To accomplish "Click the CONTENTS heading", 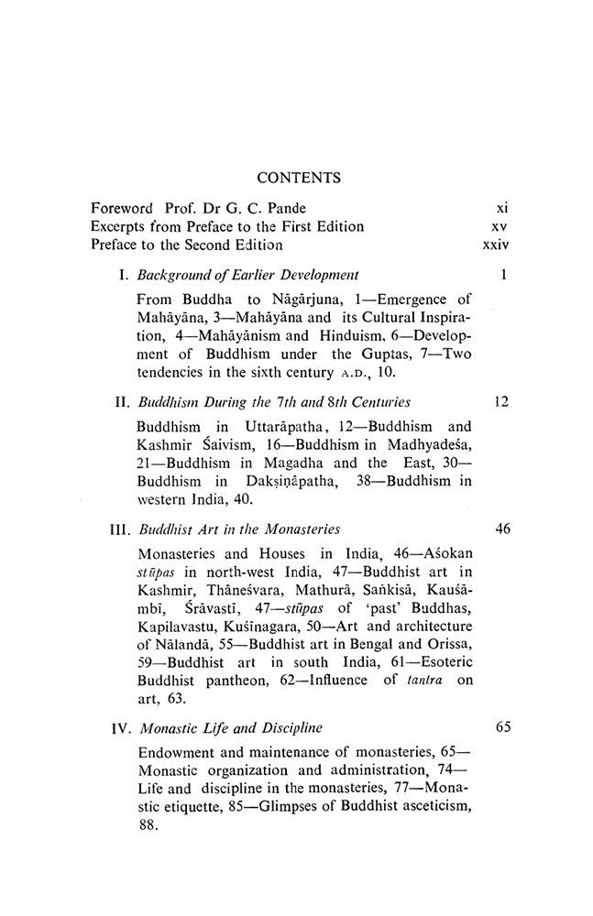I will [x=299, y=178].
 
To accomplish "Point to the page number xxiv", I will [x=495, y=245].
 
